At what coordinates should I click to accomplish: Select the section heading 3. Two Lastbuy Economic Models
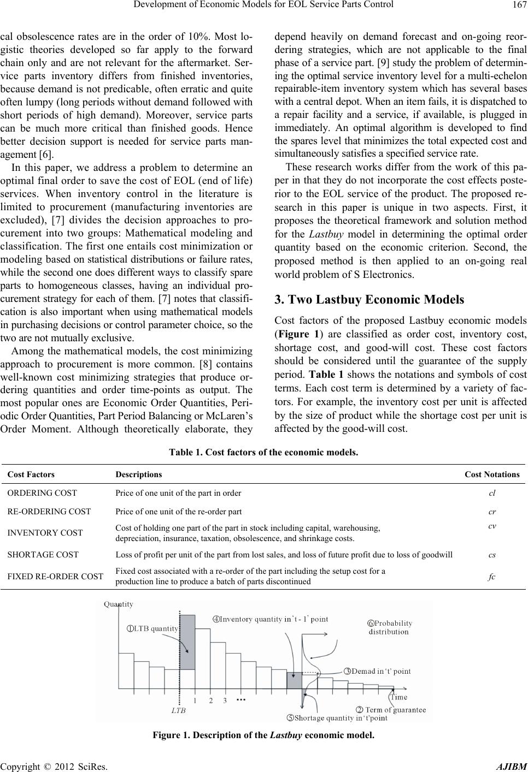click(x=369, y=300)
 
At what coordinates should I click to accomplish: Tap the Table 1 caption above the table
click(x=263, y=453)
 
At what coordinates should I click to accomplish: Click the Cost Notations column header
click(x=492, y=474)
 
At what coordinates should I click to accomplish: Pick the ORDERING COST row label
click(x=42, y=493)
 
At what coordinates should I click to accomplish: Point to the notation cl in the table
click(x=492, y=493)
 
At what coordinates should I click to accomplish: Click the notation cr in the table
click(x=492, y=512)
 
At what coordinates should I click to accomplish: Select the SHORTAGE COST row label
click(x=43, y=555)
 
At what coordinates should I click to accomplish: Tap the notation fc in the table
click(x=492, y=577)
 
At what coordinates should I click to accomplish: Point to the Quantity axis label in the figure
click(x=118, y=604)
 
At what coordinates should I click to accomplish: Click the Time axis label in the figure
click(x=398, y=697)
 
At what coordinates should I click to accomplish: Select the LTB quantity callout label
click(x=154, y=628)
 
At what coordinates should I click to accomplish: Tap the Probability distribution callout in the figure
click(x=389, y=627)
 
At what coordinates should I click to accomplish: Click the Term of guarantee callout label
click(x=391, y=710)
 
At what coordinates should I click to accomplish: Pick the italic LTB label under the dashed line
click(x=179, y=711)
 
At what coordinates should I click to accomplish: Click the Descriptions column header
click(x=138, y=474)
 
